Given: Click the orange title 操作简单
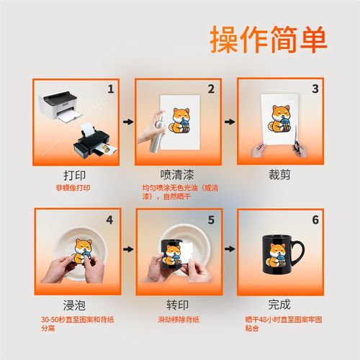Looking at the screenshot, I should [268, 40].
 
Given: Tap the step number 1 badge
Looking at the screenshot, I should [111, 89].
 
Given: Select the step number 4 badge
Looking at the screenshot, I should [109, 219].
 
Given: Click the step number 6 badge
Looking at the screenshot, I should [314, 219].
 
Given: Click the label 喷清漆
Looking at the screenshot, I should [175, 175].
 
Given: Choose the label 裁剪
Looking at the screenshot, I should [278, 175].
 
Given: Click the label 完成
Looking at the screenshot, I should [278, 305].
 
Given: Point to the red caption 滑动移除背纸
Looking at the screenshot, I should [177, 318].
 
